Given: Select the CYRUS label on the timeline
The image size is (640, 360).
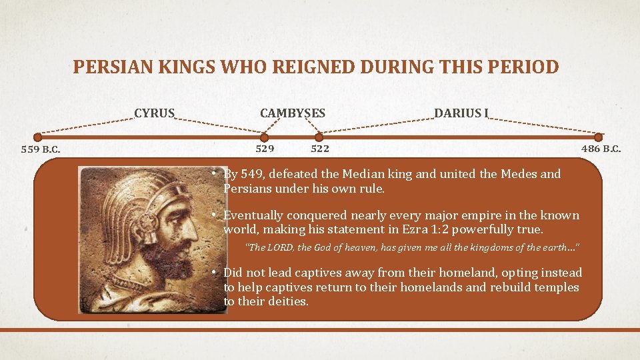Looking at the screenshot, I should pyautogui.click(x=154, y=113).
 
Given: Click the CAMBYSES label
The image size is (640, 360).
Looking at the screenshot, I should pyautogui.click(x=293, y=113).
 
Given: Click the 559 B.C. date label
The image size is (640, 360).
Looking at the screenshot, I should pyautogui.click(x=41, y=149).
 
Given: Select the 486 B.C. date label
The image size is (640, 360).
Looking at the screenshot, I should pyautogui.click(x=601, y=149).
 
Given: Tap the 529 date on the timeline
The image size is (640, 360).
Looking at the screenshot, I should pyautogui.click(x=265, y=149).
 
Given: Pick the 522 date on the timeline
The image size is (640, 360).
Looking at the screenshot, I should pyautogui.click(x=320, y=149).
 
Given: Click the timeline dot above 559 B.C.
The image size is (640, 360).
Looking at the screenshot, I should pyautogui.click(x=37, y=137).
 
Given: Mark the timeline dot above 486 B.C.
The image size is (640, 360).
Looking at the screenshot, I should pyautogui.click(x=598, y=137).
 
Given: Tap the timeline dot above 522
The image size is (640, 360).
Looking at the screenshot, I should pyautogui.click(x=320, y=137).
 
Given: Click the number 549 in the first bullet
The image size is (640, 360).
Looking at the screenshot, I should pyautogui.click(x=253, y=174).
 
